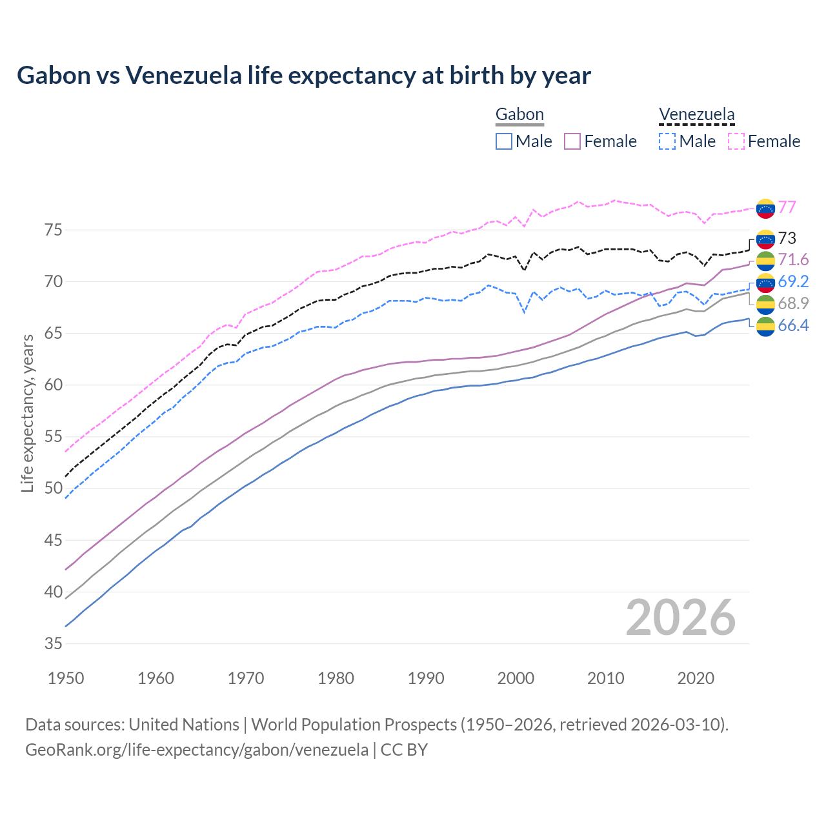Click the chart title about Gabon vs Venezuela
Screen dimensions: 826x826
point(303,76)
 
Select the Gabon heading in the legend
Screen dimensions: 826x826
point(519,115)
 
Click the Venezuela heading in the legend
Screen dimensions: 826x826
point(696,115)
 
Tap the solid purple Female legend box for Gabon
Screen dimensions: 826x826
point(573,141)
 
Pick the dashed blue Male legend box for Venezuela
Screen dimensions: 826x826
point(667,141)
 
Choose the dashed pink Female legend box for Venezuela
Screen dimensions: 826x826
point(736,141)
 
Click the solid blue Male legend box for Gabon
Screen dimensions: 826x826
point(504,141)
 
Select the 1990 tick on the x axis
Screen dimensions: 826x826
point(426,678)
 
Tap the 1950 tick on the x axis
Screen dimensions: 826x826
point(66,678)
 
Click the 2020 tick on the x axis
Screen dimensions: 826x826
point(696,678)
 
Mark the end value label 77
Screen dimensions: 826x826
point(787,207)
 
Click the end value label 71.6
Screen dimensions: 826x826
point(793,259)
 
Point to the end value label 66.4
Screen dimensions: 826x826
point(793,325)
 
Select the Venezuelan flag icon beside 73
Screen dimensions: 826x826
point(765,239)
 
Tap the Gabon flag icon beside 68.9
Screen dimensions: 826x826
point(765,305)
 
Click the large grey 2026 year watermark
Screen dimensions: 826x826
point(680,618)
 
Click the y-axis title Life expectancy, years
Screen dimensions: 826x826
point(28,413)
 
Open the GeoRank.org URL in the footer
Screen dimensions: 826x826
point(197,750)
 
